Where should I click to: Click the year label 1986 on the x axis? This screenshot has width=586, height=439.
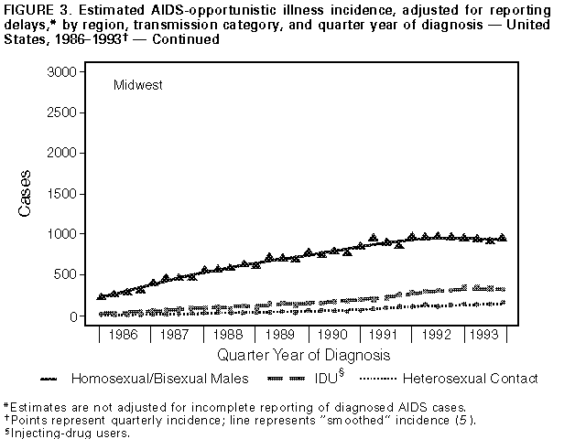coord(123,335)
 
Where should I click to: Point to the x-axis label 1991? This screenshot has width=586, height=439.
coord(384,335)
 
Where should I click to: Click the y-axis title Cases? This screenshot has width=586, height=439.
coord(26,194)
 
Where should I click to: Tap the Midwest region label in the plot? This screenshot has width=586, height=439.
coord(138,85)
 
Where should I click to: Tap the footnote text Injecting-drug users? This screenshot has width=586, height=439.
coord(70,433)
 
